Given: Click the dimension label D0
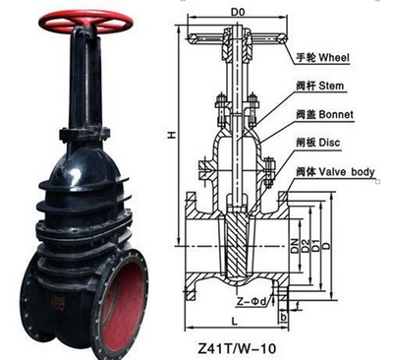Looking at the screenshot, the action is point(238,13).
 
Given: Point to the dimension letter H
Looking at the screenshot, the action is point(172,135).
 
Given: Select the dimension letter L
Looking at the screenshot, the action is point(235,322).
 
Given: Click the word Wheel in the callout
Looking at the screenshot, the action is point(334,58).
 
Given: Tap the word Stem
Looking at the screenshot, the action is point(331,87).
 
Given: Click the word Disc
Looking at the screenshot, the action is point(329,143).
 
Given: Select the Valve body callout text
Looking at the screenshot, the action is point(347,171).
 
